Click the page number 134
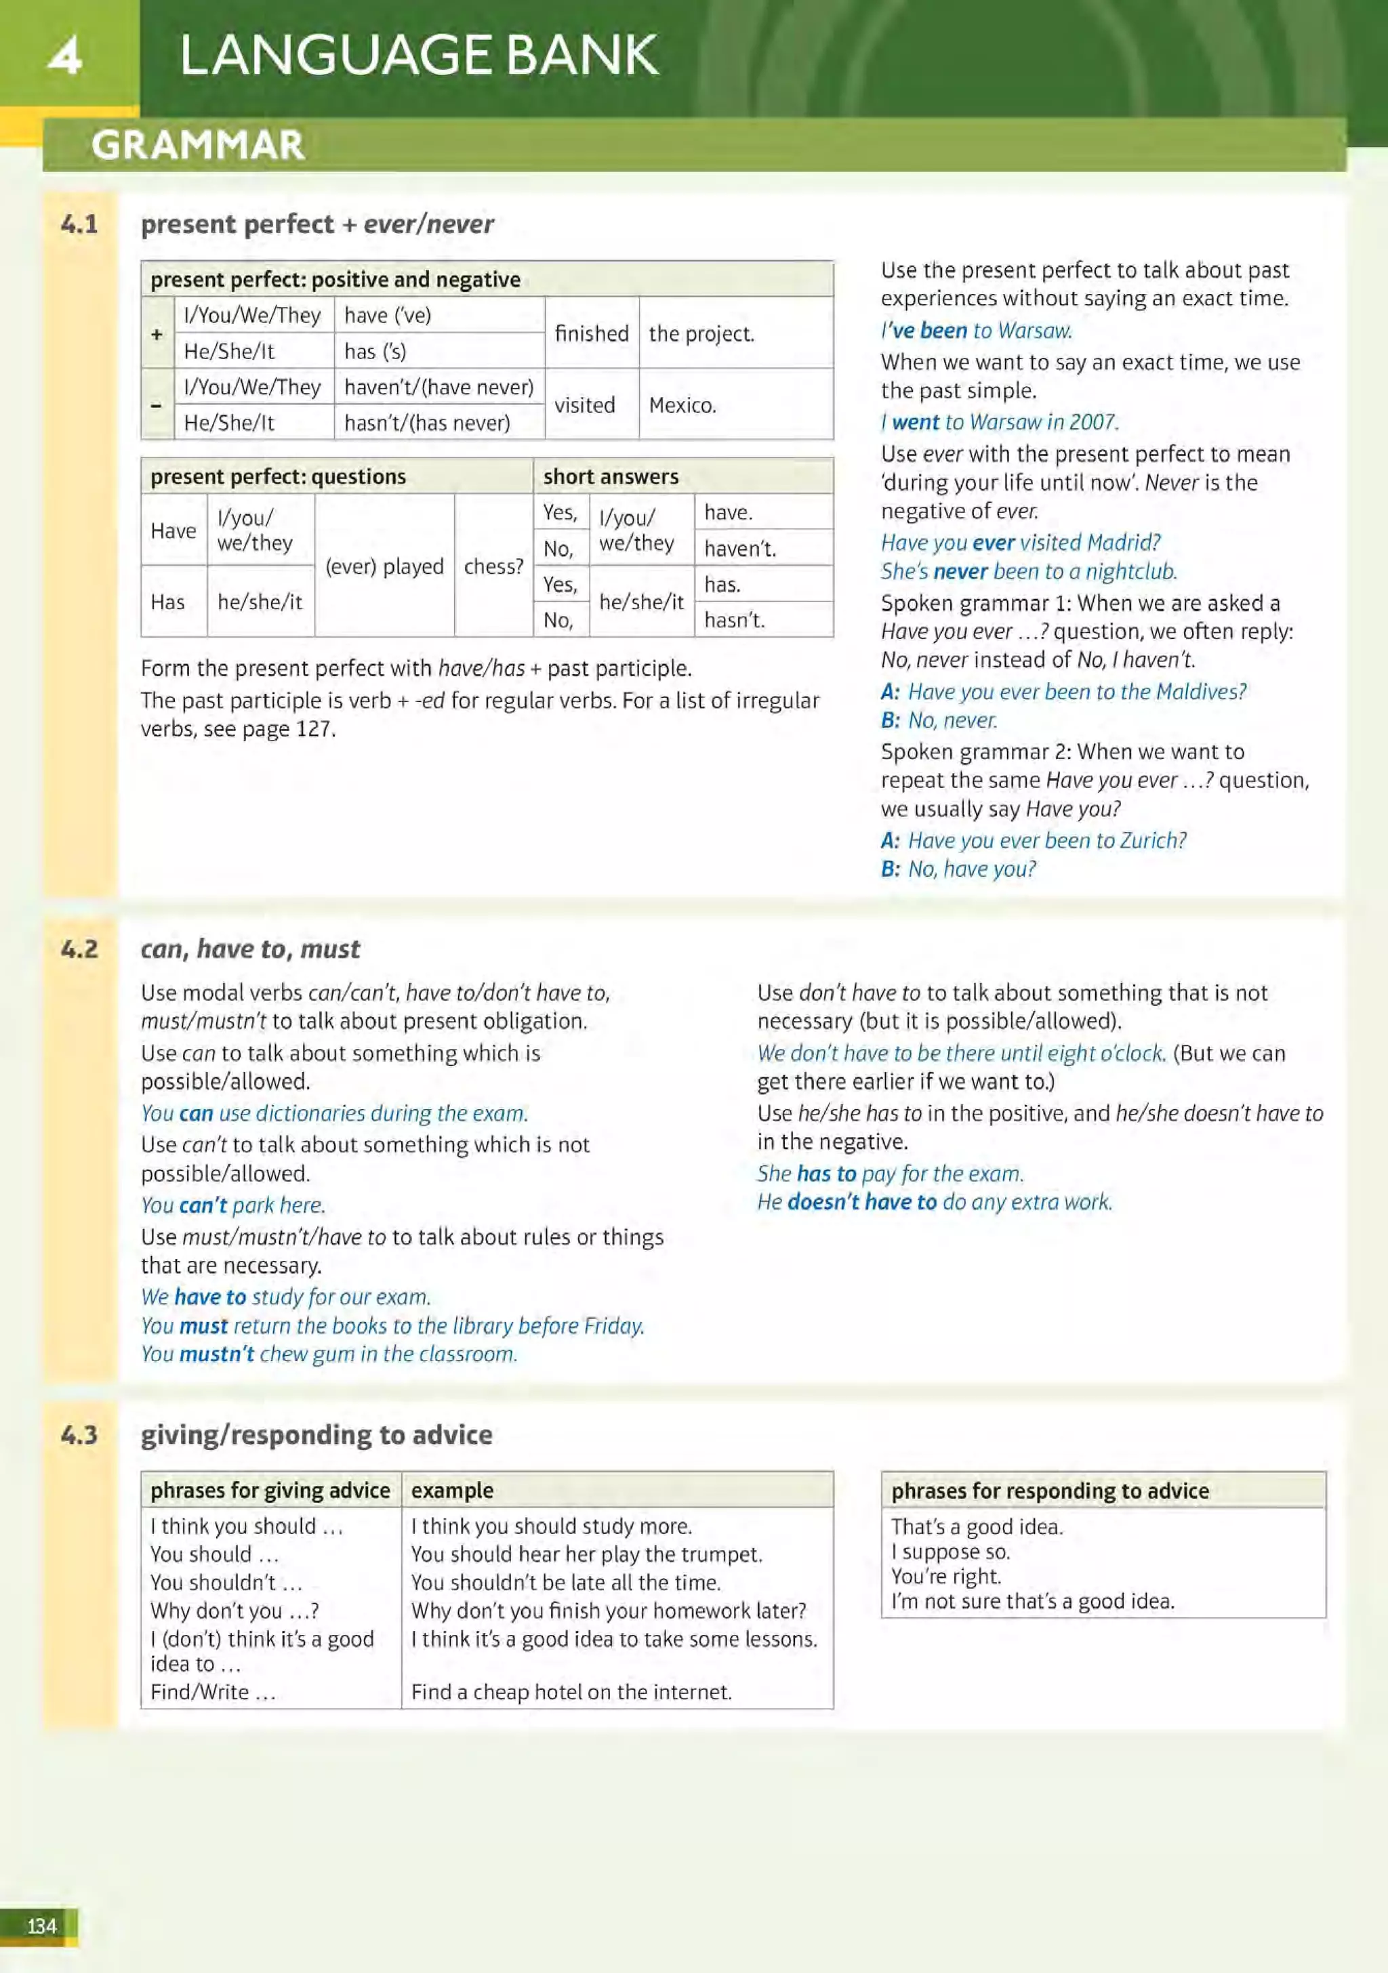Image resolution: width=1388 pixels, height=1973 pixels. (x=41, y=1925)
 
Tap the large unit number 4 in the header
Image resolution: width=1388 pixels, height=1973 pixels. (x=64, y=55)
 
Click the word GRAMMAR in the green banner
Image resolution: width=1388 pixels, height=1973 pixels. (x=198, y=144)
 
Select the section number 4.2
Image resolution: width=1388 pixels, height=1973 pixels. (x=79, y=949)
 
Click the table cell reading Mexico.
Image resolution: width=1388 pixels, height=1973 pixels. (x=682, y=404)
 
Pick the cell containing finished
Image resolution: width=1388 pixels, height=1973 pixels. (x=591, y=333)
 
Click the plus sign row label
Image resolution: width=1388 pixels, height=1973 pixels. (x=157, y=333)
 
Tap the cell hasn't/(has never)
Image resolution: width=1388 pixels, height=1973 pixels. (x=427, y=423)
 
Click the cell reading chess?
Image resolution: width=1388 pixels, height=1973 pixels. (x=493, y=566)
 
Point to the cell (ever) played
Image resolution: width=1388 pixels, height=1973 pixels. (x=384, y=566)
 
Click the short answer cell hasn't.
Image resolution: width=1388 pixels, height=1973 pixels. (x=734, y=619)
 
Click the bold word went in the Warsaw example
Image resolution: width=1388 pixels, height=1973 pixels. (x=916, y=422)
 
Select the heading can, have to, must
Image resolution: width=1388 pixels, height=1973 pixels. (x=250, y=949)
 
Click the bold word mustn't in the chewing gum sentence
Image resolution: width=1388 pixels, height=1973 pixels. (x=217, y=1354)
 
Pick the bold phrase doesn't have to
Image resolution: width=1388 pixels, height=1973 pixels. (x=862, y=1201)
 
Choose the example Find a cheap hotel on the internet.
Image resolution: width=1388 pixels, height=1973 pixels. (x=571, y=1691)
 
